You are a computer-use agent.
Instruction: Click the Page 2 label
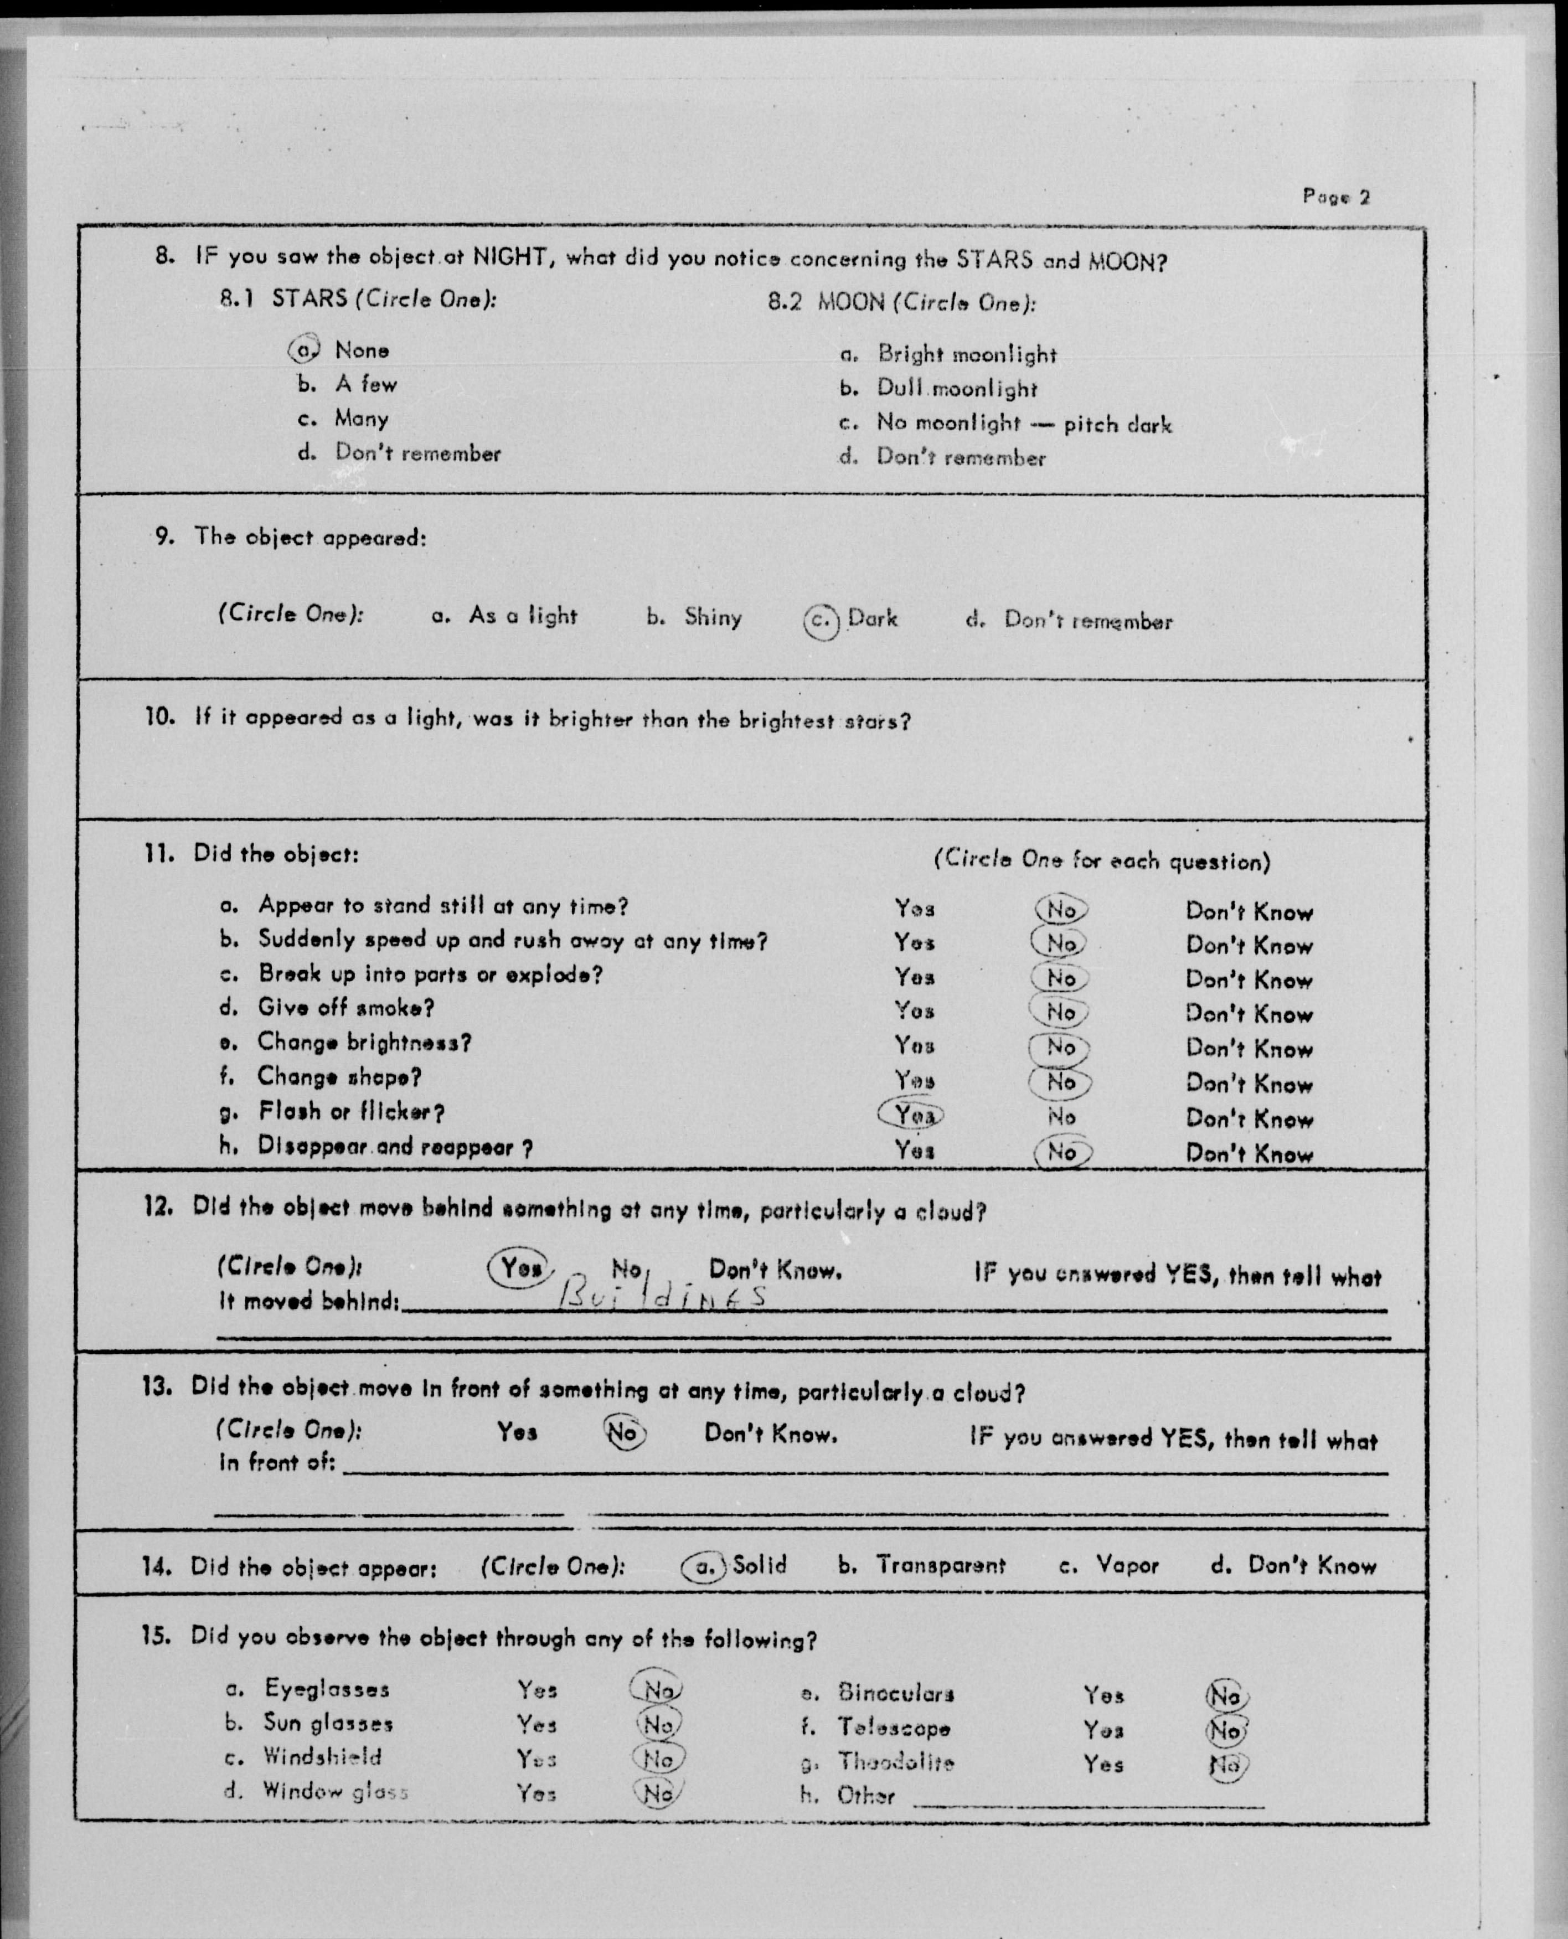(x=1336, y=196)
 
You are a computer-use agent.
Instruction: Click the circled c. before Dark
(x=820, y=621)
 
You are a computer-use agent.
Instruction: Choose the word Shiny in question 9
(x=713, y=618)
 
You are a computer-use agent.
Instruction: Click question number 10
(x=159, y=717)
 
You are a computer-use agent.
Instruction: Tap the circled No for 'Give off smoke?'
(x=1060, y=1012)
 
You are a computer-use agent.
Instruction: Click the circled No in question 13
(x=624, y=1433)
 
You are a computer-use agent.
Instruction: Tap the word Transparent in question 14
(x=940, y=1565)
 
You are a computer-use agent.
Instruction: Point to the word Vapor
(x=1127, y=1565)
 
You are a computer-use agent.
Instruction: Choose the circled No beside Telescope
(x=1226, y=1730)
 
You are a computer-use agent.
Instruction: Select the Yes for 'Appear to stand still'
(x=914, y=907)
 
